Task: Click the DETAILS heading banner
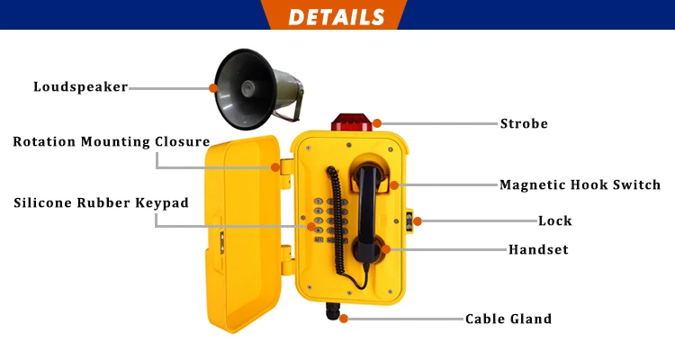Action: click(337, 16)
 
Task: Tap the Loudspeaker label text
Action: click(80, 87)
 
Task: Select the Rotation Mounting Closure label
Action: click(111, 141)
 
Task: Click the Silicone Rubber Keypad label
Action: click(101, 202)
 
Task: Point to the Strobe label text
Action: click(524, 123)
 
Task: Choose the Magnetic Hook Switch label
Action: click(580, 185)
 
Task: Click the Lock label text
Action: click(554, 220)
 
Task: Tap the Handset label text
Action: click(538, 249)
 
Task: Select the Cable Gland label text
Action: click(508, 319)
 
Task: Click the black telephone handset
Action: click(368, 208)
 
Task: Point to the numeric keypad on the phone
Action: click(329, 221)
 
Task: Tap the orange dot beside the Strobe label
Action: click(378, 122)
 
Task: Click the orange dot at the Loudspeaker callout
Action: click(213, 87)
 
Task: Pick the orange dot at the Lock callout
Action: click(417, 220)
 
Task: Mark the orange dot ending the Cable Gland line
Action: click(343, 319)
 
